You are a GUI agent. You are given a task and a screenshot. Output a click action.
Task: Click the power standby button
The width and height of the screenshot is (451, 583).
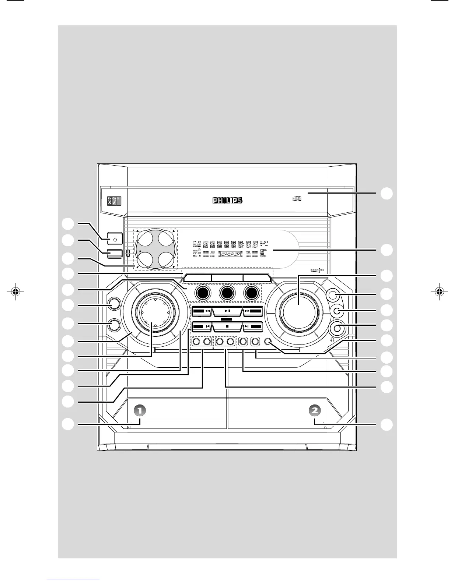(115, 239)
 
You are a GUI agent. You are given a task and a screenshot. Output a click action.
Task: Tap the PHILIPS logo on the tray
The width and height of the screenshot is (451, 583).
(227, 201)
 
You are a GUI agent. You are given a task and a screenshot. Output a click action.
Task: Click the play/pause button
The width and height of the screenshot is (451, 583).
(227, 311)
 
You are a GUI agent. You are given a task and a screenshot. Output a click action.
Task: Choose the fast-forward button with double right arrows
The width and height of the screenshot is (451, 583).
(253, 311)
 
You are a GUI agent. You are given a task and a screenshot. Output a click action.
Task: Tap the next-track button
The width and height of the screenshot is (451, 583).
(253, 326)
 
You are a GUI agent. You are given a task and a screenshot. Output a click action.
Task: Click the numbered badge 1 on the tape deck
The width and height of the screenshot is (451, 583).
(140, 410)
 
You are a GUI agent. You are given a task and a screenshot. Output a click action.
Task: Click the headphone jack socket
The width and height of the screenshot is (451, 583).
(338, 327)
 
